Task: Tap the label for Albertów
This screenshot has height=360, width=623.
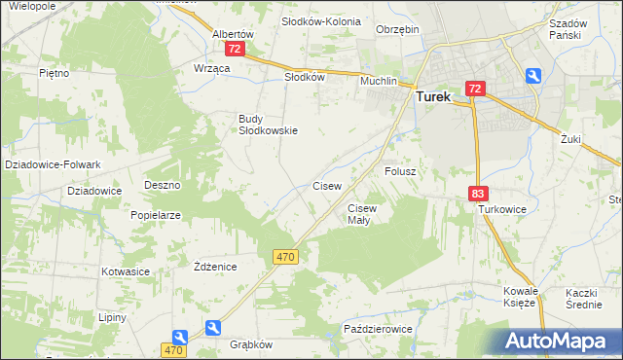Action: [x=234, y=33]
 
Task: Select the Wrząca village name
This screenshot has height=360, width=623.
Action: [x=211, y=68]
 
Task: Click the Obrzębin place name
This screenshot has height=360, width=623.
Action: [x=398, y=29]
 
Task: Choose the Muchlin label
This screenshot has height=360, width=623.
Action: [x=379, y=82]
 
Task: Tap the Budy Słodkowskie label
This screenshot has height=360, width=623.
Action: [x=268, y=125]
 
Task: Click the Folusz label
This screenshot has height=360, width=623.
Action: [x=400, y=171]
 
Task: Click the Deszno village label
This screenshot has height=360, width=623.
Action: [x=163, y=184]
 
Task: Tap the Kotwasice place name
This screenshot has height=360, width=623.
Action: [x=125, y=271]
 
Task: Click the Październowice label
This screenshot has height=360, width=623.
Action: [x=379, y=330]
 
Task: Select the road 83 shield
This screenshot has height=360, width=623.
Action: [x=477, y=194]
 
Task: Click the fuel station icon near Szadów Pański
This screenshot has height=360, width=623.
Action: [x=533, y=75]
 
